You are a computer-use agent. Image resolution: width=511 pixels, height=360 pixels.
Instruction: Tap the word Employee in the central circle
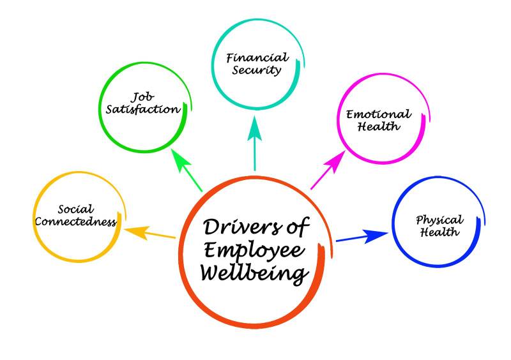pos(256,251)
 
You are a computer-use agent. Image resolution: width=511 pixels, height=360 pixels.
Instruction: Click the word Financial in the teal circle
pos(257,57)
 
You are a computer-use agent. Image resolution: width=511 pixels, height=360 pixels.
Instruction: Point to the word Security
pos(257,70)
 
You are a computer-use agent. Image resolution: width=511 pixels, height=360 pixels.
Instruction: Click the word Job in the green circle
pos(142,97)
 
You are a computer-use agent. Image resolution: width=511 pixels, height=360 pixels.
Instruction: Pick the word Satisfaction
pos(143,110)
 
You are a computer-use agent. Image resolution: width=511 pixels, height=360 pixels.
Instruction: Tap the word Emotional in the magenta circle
pos(379,115)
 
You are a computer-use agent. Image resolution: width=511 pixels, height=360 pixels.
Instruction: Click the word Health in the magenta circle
pos(379,127)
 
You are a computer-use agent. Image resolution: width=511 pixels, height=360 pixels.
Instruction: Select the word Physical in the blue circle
pos(439,220)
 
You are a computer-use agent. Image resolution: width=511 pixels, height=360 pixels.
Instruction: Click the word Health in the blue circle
pos(439,232)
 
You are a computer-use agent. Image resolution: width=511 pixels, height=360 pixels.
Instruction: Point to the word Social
pos(75,209)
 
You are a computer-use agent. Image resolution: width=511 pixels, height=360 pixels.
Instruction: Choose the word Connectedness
pos(75,222)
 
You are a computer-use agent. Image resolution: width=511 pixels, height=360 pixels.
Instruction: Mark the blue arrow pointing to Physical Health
pos(361,237)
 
